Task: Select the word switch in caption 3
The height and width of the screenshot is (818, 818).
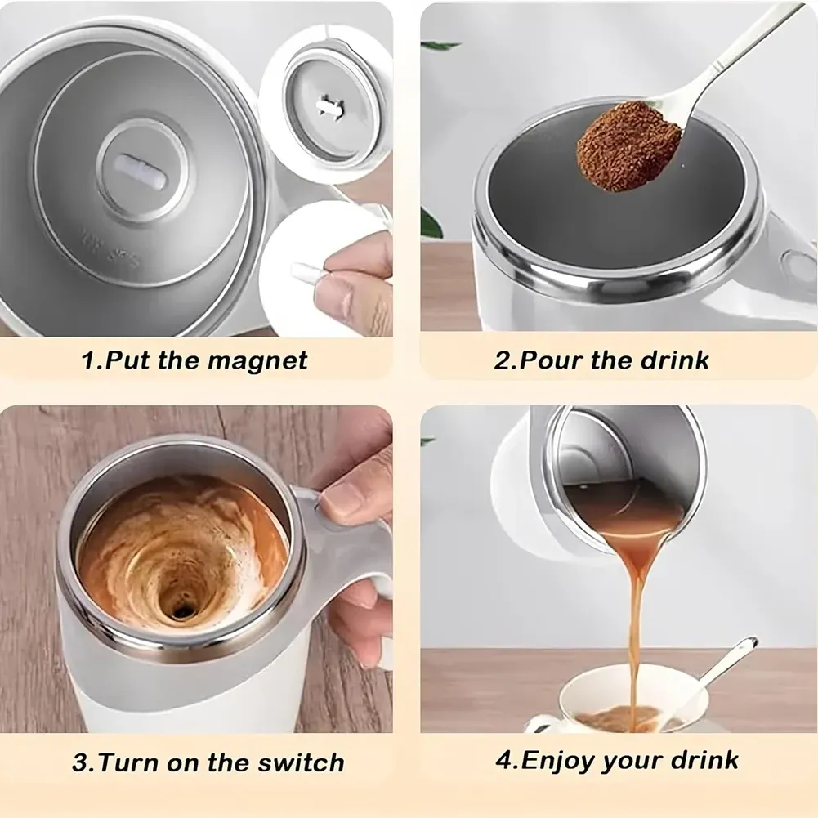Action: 297,763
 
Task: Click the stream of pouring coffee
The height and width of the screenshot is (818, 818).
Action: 633,605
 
